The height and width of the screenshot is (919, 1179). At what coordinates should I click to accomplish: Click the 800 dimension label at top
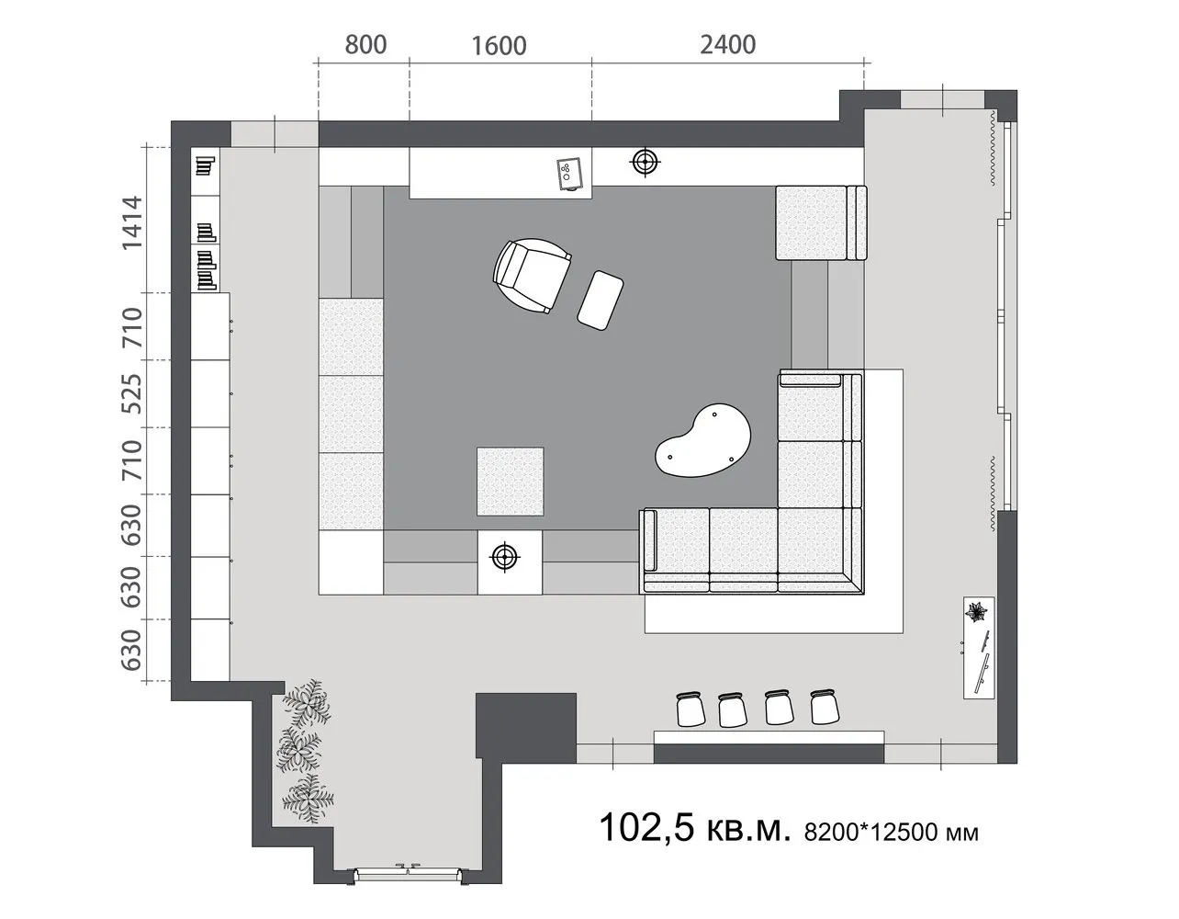365,44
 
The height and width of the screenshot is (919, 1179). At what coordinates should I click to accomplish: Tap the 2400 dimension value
727,44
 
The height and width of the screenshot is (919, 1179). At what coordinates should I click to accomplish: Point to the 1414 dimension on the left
132,221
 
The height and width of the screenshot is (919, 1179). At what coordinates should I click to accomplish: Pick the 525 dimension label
132,392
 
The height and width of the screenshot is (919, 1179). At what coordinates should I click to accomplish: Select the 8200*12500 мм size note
891,833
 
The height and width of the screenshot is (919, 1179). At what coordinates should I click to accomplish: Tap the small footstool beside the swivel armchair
601,299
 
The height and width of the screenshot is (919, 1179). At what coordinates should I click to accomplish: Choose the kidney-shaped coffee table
703,441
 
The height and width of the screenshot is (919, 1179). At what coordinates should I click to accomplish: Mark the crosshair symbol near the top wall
646,163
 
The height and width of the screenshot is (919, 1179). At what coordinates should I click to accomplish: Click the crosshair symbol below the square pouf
503,556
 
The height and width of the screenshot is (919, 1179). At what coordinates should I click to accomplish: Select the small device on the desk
569,175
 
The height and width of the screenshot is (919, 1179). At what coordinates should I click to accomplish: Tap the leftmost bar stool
689,709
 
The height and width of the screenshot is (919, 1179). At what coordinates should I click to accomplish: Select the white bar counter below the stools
769,737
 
